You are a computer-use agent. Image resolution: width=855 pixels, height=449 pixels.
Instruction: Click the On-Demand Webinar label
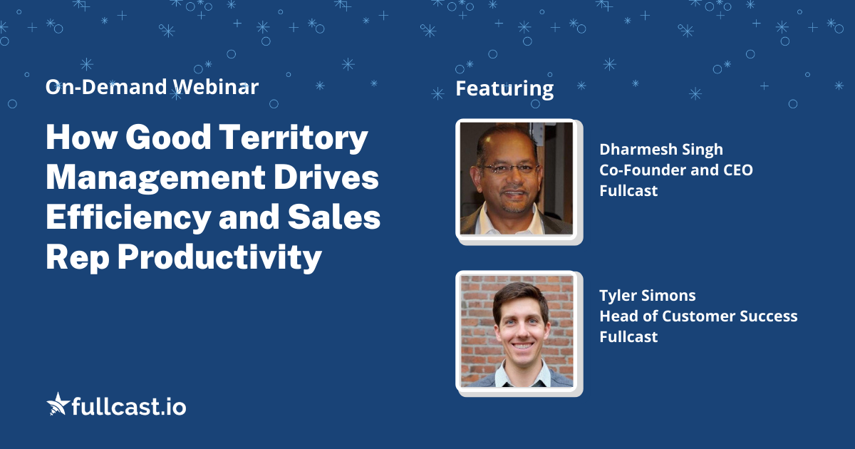coord(152,88)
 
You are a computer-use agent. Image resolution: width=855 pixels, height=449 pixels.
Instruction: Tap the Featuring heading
coord(504,89)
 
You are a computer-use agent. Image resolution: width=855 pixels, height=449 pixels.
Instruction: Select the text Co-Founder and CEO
coord(675,170)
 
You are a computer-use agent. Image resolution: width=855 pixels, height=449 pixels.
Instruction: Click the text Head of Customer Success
coord(698,316)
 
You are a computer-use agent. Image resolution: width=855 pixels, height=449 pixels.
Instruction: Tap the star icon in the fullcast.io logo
coord(57,404)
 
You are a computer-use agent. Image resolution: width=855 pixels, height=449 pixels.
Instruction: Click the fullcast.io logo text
coord(129,406)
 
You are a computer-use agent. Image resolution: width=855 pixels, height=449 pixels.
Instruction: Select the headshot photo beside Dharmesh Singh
coord(515,179)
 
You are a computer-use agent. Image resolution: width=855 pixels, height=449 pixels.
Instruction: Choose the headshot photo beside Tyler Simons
coord(515,331)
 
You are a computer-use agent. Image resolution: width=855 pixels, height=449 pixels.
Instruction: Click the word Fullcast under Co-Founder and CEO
coord(628,190)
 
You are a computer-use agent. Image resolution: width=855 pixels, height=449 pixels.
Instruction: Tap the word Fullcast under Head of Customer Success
coord(628,336)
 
